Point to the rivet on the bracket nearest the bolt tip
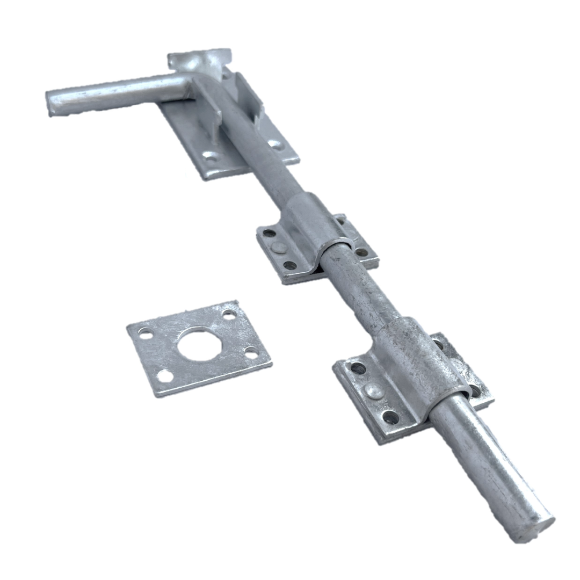[374, 390]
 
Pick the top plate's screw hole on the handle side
[211, 156]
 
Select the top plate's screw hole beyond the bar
[274, 144]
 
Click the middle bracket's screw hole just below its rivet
[289, 265]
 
